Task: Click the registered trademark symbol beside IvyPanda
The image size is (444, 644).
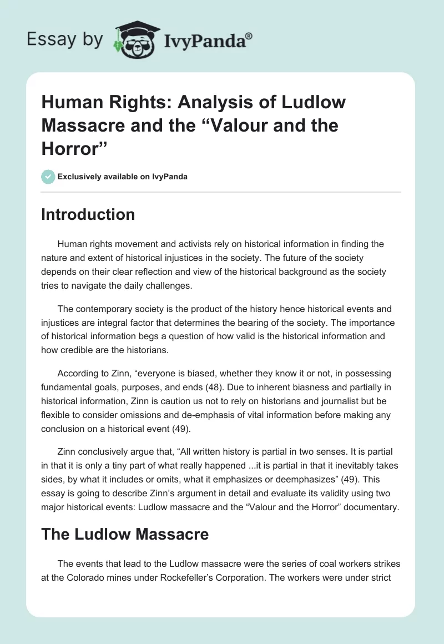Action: pos(249,36)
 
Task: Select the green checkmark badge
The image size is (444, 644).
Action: pos(48,177)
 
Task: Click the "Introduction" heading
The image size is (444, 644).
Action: pos(88,214)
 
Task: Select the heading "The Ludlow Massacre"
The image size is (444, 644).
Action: pos(125,534)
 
